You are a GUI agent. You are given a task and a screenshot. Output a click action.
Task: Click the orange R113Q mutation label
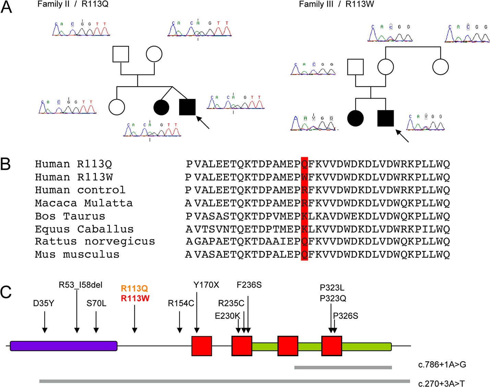(134, 288)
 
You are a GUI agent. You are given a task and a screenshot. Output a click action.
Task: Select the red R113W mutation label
(135, 298)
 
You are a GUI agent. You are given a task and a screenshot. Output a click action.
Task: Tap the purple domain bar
(64, 346)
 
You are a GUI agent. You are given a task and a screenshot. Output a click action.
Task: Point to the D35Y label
(44, 303)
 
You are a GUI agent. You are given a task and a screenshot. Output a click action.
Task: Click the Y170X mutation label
(206, 285)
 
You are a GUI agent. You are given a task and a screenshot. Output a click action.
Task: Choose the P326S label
(346, 316)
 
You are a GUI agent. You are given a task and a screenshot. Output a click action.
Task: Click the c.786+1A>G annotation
(442, 365)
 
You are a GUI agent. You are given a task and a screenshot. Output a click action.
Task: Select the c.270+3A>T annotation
(441, 384)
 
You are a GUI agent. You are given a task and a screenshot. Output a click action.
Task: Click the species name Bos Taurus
(70, 216)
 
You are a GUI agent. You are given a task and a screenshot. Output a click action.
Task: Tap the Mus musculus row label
(77, 254)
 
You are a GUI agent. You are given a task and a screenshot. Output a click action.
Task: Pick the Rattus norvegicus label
(95, 241)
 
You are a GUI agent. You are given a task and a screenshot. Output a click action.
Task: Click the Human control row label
(80, 190)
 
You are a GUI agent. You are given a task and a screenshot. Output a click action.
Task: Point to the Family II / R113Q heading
(73, 4)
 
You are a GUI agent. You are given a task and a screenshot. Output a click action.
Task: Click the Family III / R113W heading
(336, 4)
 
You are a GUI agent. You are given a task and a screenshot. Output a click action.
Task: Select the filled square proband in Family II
(187, 107)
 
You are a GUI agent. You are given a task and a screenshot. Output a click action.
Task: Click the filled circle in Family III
(355, 118)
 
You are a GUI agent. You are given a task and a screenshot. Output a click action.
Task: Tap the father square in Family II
(121, 54)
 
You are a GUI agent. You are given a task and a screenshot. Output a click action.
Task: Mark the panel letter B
(6, 164)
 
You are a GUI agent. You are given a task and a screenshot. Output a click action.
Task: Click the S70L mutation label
(96, 303)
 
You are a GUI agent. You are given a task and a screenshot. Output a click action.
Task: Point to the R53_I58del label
(81, 285)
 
